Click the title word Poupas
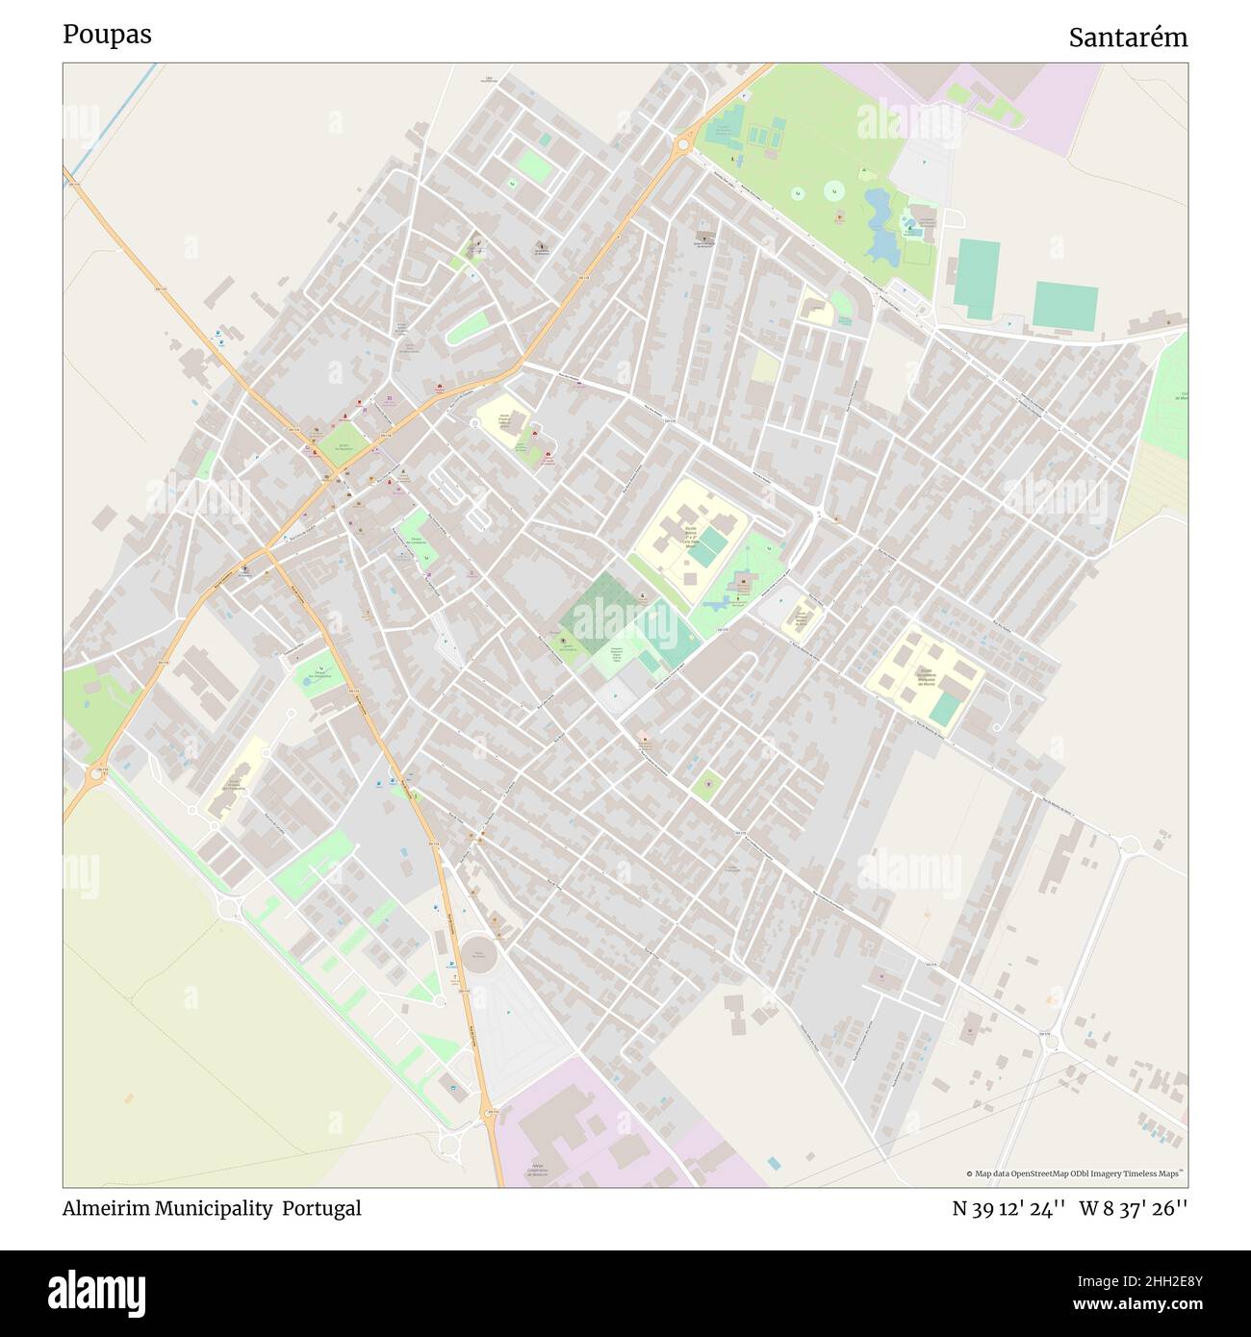click(107, 35)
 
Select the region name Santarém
click(1127, 38)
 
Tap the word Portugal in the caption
click(321, 1208)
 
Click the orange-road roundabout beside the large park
click(683, 145)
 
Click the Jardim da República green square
click(343, 441)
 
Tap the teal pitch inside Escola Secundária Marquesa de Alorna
click(945, 708)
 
